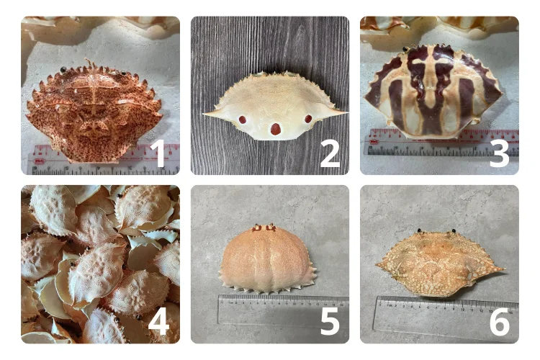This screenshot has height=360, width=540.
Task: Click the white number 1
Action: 159,153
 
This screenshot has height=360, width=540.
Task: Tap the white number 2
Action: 330,154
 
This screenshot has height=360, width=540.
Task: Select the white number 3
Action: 499,154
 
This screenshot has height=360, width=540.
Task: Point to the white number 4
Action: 158,321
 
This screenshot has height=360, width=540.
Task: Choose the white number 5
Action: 330,321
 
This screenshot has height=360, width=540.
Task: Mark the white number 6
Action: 500,321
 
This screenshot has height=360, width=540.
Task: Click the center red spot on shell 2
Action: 276,129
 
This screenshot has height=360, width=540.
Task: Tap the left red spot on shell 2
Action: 243,120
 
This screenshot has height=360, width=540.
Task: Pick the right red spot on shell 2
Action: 308,120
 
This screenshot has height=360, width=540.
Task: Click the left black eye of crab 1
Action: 63,70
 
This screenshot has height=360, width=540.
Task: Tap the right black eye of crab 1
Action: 123,73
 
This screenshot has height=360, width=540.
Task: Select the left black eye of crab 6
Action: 420,230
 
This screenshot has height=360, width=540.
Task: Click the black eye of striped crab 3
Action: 405,49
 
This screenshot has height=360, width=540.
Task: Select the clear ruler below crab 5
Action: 283,310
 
